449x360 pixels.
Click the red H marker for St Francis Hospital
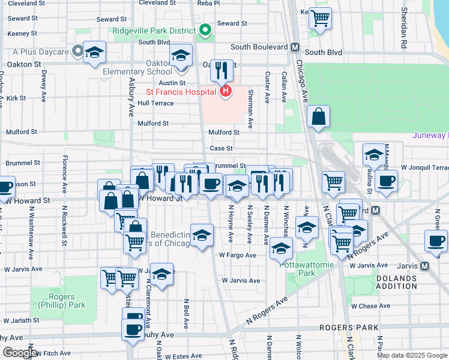(x=226, y=91)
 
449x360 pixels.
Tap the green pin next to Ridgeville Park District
(x=205, y=30)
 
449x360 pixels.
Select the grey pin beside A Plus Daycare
(x=77, y=52)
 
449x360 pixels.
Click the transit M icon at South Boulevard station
(x=295, y=47)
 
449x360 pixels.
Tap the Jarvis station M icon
(x=425, y=265)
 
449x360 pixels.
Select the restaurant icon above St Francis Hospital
(x=221, y=70)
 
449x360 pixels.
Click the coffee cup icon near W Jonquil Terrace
(x=387, y=181)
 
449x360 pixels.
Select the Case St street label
(x=221, y=148)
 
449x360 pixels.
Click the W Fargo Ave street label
(x=237, y=255)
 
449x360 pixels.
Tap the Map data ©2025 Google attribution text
(x=411, y=355)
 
